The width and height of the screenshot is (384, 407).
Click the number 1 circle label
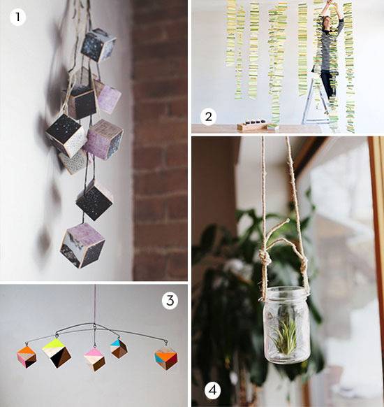(x=17, y=15)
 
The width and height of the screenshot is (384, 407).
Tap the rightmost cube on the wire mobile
(x=166, y=358)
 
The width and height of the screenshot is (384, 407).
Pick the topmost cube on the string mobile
(x=97, y=45)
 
